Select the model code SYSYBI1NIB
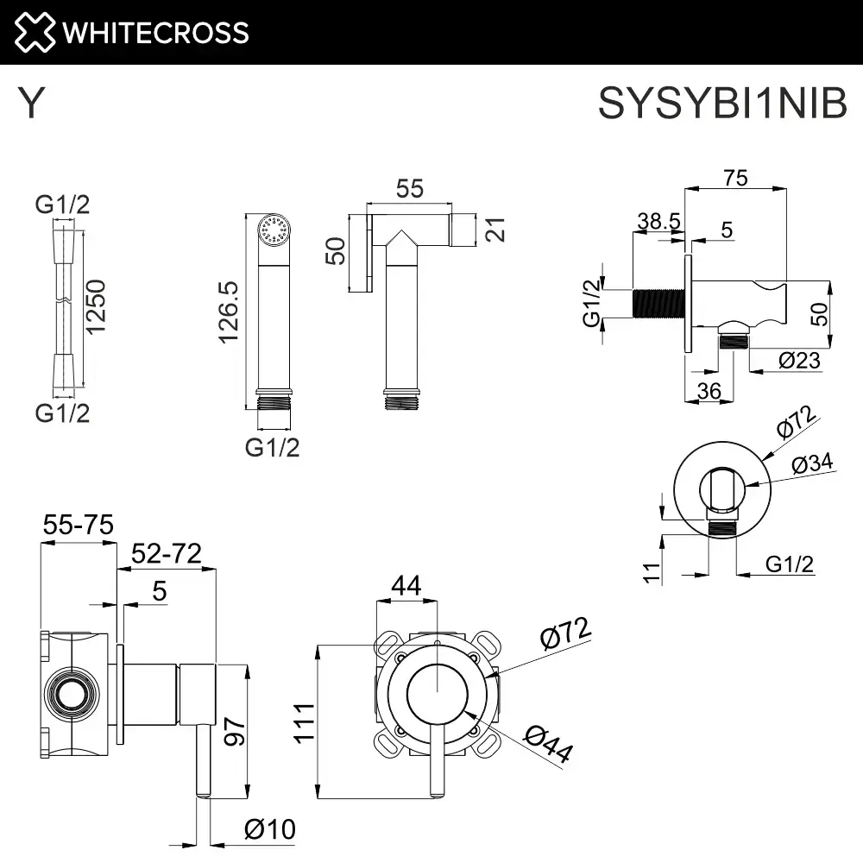coord(722,105)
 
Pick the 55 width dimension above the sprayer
coord(409,189)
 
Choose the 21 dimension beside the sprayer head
coord(494,230)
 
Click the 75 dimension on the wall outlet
coord(735,178)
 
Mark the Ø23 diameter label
coord(799,361)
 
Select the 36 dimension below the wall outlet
coord(709,391)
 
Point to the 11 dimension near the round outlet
coord(652,570)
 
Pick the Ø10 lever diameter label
coord(269,830)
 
